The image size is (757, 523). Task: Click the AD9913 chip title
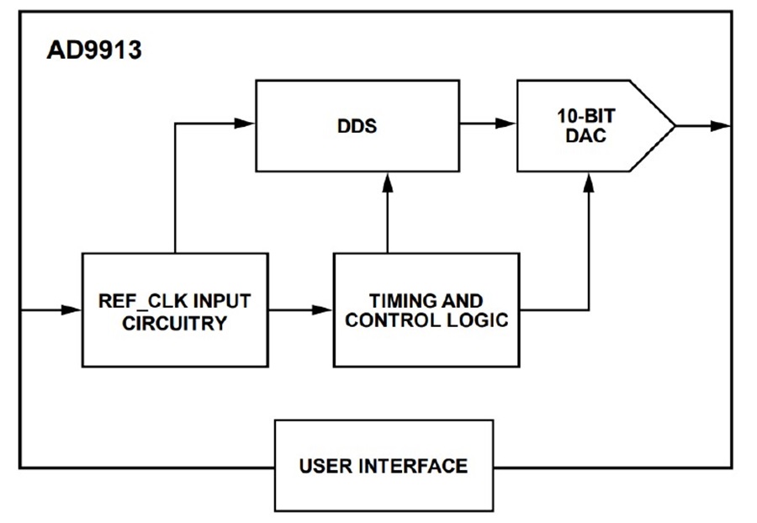[94, 50]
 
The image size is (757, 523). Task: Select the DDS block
[357, 126]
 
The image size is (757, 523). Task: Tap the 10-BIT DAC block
[596, 126]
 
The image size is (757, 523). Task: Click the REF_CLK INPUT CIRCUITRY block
[175, 310]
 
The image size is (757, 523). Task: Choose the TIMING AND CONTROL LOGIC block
[426, 310]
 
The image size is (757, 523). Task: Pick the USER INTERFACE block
[384, 466]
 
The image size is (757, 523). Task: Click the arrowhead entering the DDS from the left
[244, 124]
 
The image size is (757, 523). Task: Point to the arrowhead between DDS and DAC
[506, 124]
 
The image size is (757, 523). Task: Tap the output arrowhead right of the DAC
[721, 126]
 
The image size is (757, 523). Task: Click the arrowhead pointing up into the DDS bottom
[387, 182]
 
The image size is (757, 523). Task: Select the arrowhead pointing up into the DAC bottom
[589, 182]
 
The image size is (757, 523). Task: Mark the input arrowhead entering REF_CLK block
[71, 310]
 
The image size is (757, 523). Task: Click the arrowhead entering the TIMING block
[322, 310]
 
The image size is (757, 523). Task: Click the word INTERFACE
[413, 466]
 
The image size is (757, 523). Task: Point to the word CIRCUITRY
[175, 323]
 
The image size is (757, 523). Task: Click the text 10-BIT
[586, 116]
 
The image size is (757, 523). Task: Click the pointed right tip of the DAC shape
[675, 126]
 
